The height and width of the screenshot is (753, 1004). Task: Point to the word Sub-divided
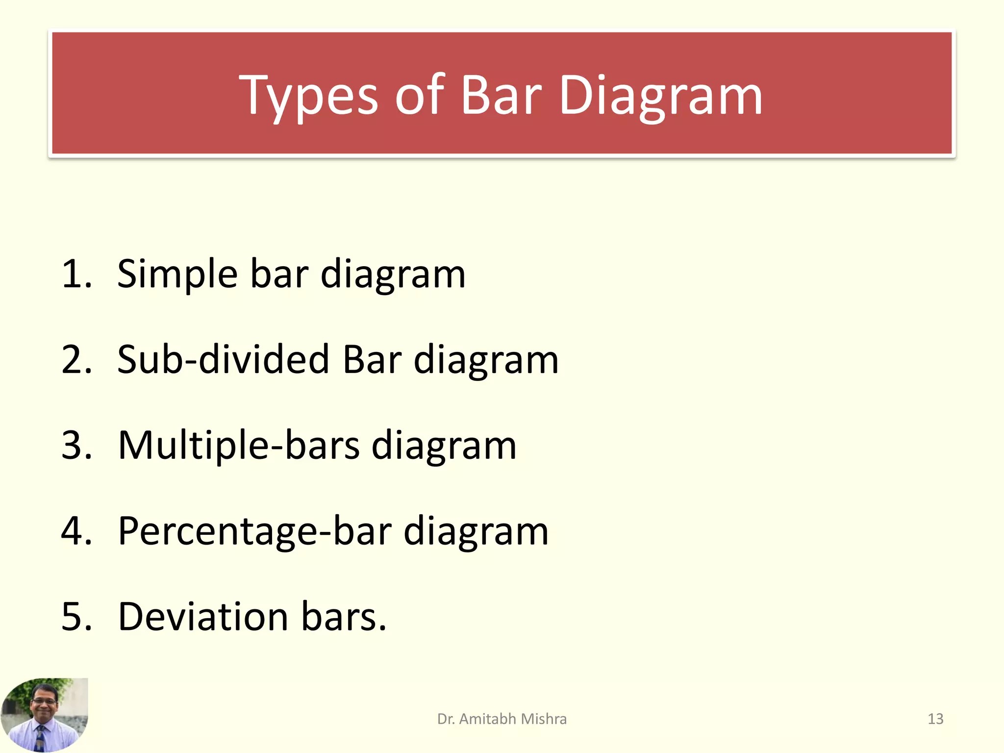coord(223,359)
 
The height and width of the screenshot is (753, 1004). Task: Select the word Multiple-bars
coord(239,445)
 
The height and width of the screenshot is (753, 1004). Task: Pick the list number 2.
coord(76,359)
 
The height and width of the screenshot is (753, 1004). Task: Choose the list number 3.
coord(76,445)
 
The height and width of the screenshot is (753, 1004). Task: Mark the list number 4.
coord(76,531)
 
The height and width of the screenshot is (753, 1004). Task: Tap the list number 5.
coord(76,616)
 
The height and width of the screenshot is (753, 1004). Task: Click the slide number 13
coord(935,719)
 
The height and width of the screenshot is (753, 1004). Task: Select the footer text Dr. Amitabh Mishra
coord(502,719)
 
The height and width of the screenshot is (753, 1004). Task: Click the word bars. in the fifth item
coord(344,616)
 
